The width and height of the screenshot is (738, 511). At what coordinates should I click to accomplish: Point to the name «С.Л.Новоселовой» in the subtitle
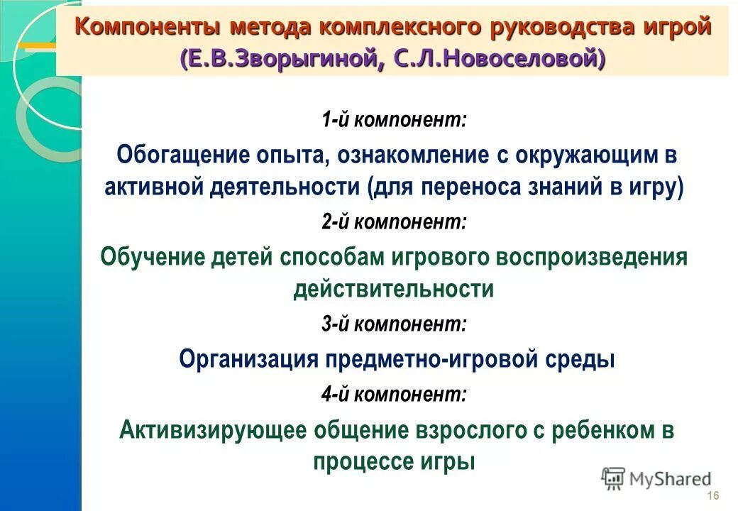pyautogui.click(x=496, y=59)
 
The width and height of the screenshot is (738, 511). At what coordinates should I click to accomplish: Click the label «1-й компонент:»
pyautogui.click(x=393, y=120)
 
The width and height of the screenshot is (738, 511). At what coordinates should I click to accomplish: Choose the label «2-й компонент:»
pyautogui.click(x=393, y=222)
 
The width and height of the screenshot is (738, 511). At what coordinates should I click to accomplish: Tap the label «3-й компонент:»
pyautogui.click(x=393, y=325)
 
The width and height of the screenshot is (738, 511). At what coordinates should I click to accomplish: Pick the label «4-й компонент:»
pyautogui.click(x=393, y=394)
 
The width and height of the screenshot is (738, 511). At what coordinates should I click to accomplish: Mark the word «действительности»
pyautogui.click(x=393, y=290)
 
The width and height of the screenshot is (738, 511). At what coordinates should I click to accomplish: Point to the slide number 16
pyautogui.click(x=713, y=495)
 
